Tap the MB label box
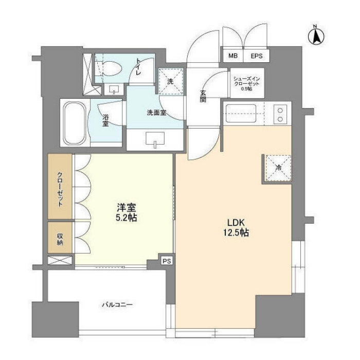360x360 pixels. [233, 56]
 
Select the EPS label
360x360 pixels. [257, 56]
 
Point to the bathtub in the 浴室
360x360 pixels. [75, 123]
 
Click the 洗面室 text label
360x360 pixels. [156, 113]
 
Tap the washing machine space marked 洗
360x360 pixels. [171, 81]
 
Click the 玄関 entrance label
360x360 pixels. [203, 96]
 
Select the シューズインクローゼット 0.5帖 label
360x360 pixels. [246, 83]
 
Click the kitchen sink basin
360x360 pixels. [241, 114]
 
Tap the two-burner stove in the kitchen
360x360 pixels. [280, 115]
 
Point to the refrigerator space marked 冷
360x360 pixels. [279, 168]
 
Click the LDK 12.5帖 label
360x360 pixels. [236, 227]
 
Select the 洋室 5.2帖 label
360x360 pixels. [127, 212]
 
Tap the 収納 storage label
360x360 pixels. [60, 239]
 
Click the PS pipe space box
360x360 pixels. [167, 261]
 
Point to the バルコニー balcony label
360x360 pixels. [117, 305]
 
